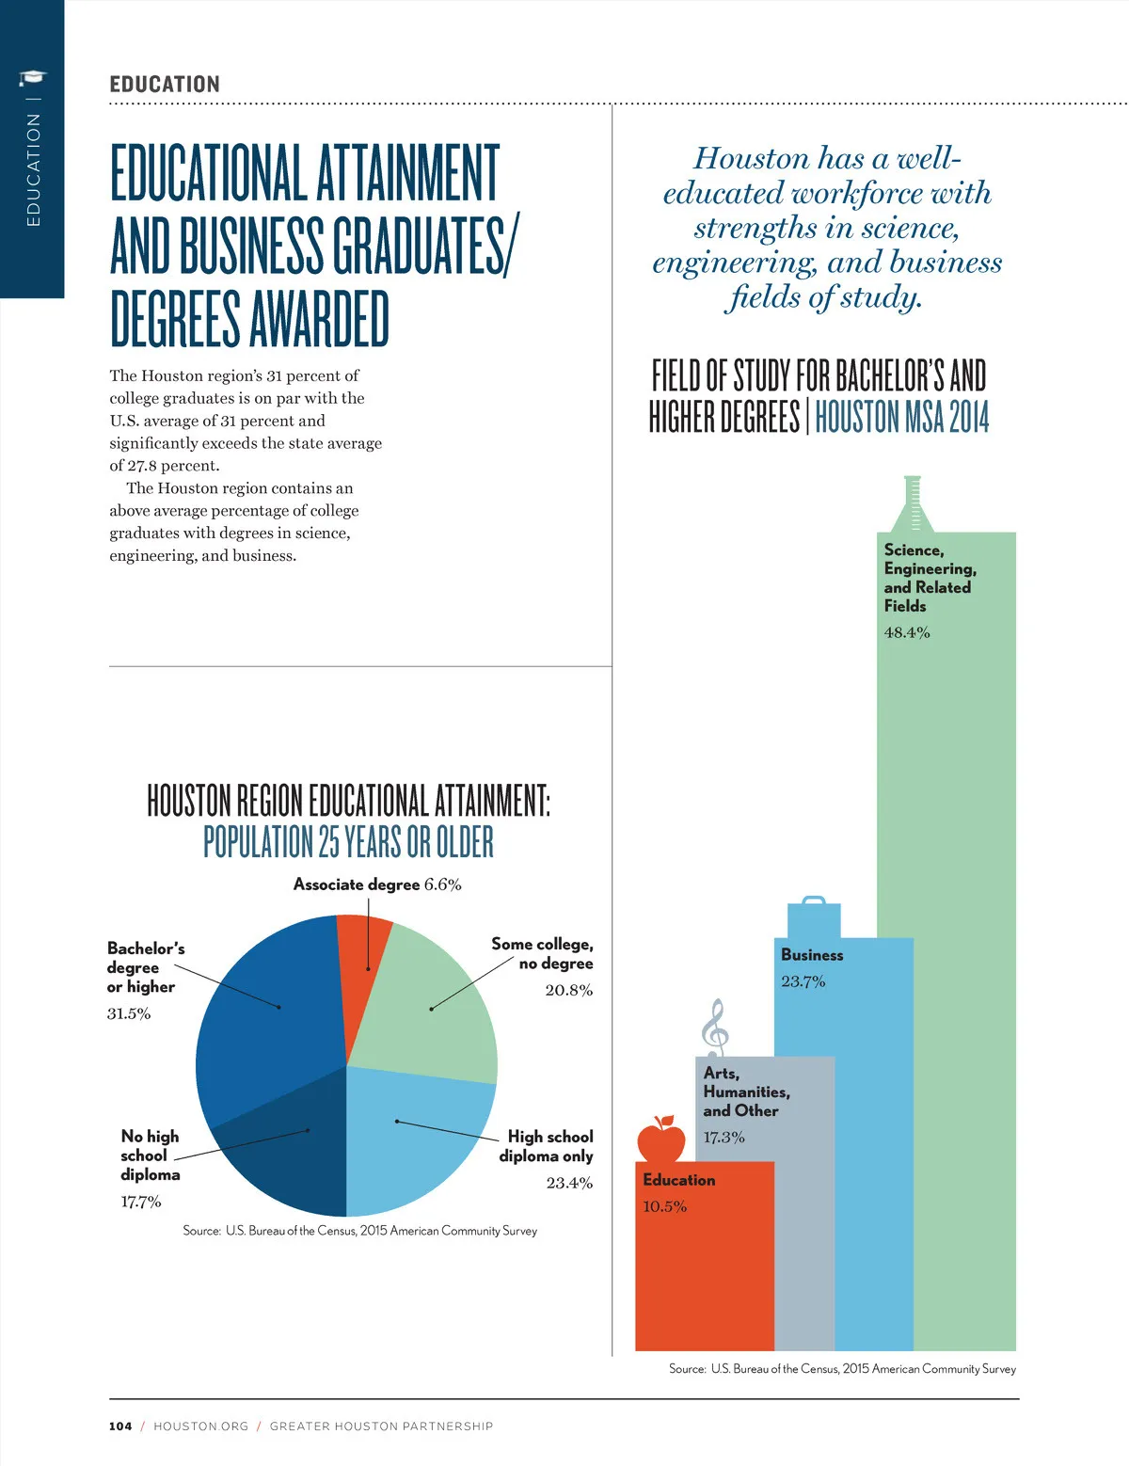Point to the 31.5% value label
(129, 1013)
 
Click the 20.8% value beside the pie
(569, 990)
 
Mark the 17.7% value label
(141, 1202)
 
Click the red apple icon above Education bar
(661, 1139)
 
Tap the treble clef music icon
(716, 1028)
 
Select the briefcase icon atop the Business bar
(814, 916)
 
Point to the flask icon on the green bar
(911, 505)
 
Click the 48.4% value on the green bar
(907, 632)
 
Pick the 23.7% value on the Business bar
(803, 981)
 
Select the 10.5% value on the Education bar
(665, 1206)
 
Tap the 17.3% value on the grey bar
(724, 1137)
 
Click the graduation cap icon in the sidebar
(33, 78)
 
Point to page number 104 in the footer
(120, 1426)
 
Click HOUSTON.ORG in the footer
(200, 1426)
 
